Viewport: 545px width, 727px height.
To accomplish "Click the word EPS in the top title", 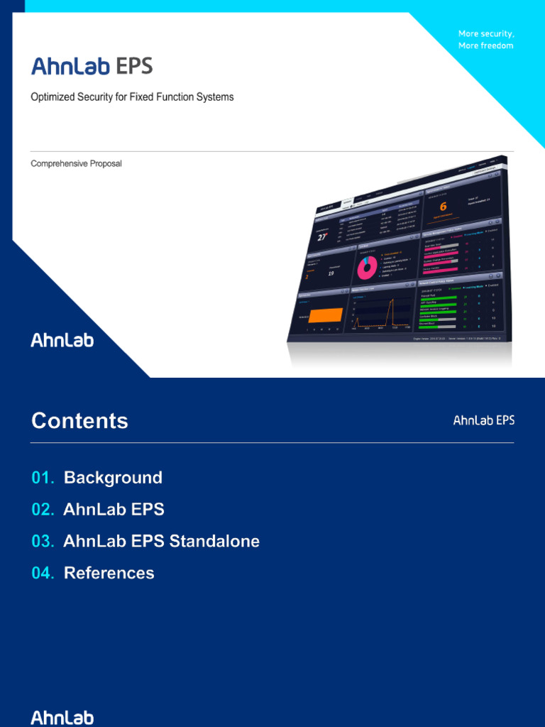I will tap(133, 67).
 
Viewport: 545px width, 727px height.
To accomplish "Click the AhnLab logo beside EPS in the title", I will tap(70, 67).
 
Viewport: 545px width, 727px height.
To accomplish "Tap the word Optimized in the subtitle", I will tap(53, 97).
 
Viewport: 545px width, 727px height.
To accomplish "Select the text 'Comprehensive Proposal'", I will tap(76, 163).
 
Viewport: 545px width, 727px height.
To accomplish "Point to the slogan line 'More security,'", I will tap(486, 34).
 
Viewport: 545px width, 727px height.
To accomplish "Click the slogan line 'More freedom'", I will tap(485, 45).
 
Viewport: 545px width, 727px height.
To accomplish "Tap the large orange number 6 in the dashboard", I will tap(443, 207).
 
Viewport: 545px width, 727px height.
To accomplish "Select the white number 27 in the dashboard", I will tap(323, 237).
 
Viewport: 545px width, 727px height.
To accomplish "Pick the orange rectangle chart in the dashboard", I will tap(324, 315).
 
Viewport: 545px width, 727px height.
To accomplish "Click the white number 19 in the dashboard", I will tap(330, 273).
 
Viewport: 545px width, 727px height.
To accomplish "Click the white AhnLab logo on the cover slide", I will tap(62, 340).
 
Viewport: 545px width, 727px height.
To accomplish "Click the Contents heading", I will tap(79, 421).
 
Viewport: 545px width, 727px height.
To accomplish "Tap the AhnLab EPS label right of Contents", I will tap(484, 420).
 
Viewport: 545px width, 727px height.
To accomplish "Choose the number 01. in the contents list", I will tap(43, 478).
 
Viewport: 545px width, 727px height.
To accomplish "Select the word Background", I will tap(113, 478).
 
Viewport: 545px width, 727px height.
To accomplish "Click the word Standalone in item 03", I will tap(214, 541).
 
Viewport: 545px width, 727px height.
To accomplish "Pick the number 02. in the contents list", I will tap(43, 510).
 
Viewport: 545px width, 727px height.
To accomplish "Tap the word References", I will tap(109, 573).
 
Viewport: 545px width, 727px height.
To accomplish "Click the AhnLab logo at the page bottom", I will tap(62, 717).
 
